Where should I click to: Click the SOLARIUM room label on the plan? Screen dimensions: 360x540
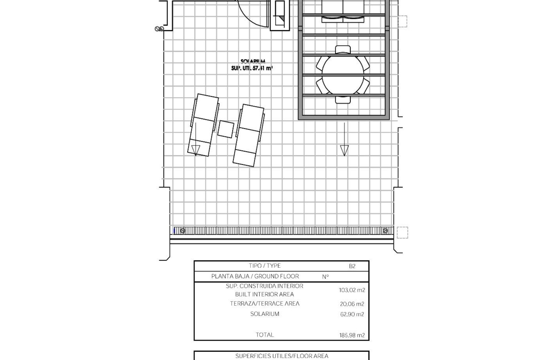tap(253, 61)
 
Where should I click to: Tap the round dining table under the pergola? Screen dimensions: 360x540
tap(343, 75)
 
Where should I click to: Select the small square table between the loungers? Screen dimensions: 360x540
tap(226, 129)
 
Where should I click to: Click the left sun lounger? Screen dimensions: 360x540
tap(203, 125)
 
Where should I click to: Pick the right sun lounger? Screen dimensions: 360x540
tap(249, 135)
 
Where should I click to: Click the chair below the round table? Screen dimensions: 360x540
tap(343, 100)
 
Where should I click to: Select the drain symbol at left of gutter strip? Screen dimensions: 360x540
tap(183, 231)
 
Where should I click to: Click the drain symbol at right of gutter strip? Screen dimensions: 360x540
tap(385, 231)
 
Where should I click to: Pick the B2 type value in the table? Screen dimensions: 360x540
tap(352, 266)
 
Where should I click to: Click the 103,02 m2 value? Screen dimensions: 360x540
tap(352, 290)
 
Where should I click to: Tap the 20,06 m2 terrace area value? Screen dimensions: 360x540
tap(352, 304)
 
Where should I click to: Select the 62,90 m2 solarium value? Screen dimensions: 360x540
tap(352, 314)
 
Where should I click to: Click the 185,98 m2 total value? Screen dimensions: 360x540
tap(352, 335)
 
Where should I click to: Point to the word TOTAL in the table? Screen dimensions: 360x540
tap(265, 335)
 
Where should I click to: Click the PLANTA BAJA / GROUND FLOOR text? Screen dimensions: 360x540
tap(255, 276)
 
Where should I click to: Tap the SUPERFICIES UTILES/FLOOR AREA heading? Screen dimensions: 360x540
tap(282, 356)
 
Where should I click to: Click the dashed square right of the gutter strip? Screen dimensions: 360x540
tap(402, 233)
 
